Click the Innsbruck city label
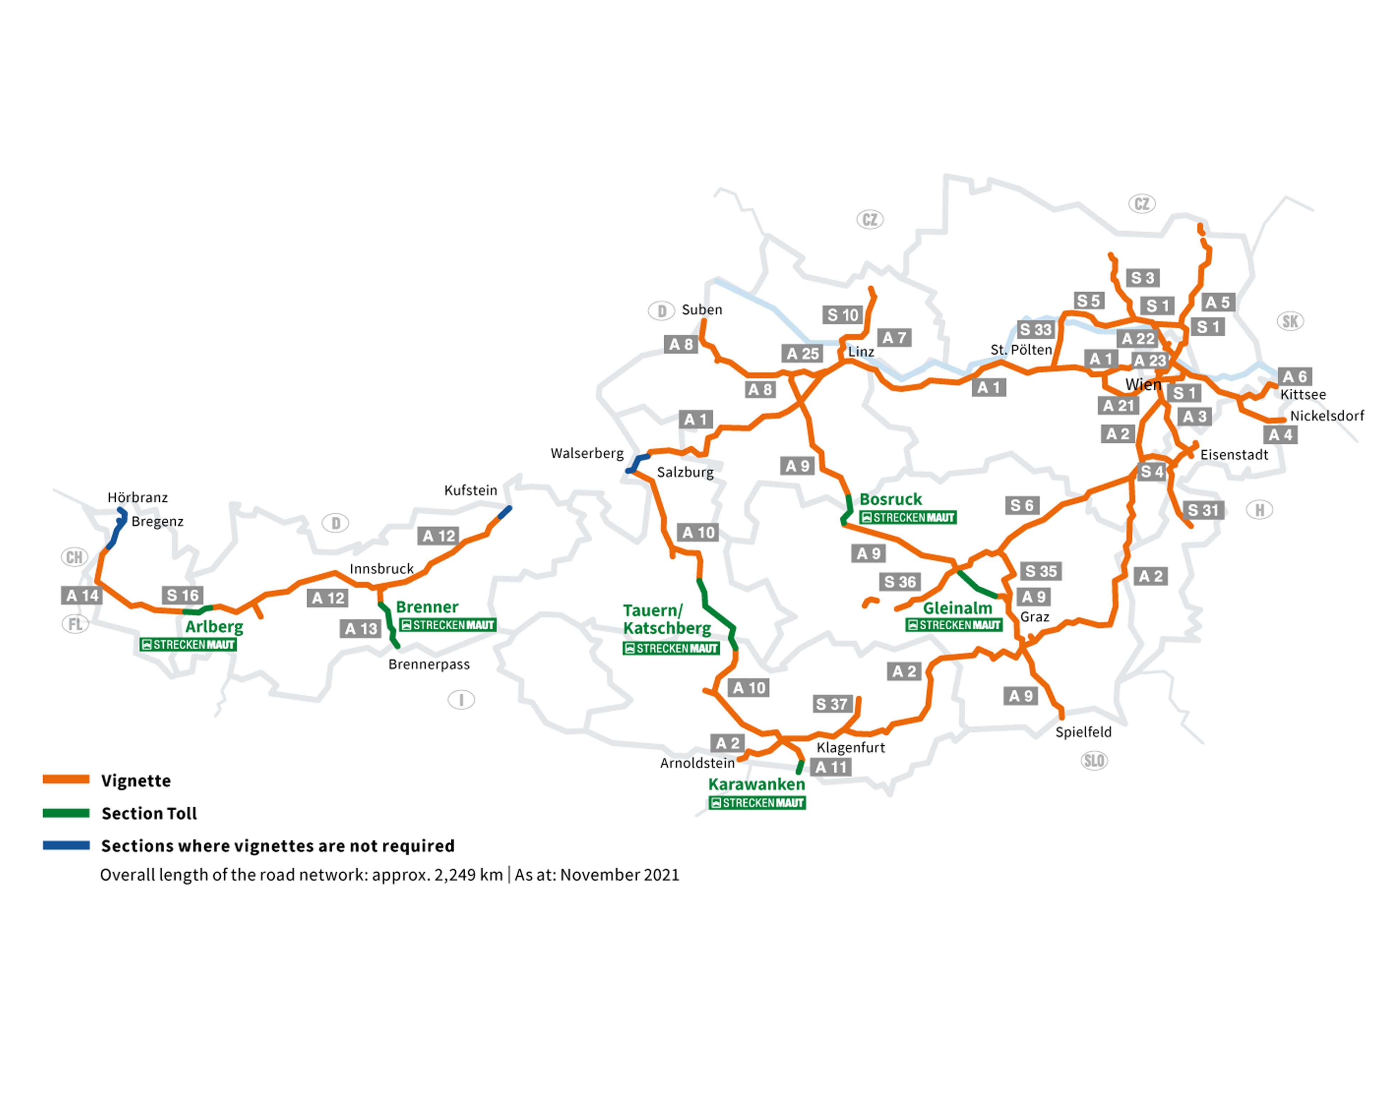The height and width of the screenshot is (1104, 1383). [x=382, y=569]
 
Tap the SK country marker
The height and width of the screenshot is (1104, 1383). [x=1290, y=321]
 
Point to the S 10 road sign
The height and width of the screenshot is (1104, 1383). [x=842, y=315]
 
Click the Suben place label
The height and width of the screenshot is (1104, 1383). [x=702, y=310]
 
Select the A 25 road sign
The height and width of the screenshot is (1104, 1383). [x=802, y=353]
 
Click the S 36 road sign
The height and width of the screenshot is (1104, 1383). [x=900, y=582]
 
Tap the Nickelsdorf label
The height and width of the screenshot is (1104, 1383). [x=1327, y=416]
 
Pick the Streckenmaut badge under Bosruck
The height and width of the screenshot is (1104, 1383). [x=908, y=517]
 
